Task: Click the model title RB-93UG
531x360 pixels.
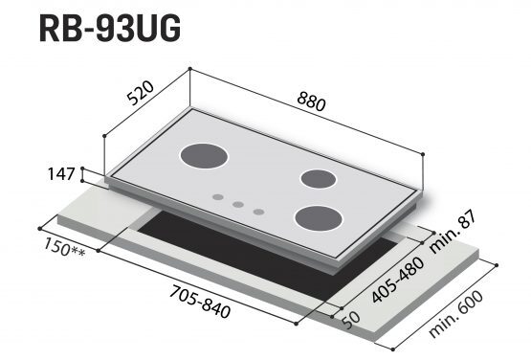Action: [110, 29]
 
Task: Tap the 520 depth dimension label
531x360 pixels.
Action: [141, 93]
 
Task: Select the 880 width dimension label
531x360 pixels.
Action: [311, 102]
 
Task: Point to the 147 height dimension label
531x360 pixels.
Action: [61, 174]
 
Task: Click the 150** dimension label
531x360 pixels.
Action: [64, 248]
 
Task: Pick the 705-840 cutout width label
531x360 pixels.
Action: [200, 302]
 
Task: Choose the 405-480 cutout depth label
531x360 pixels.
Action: [398, 280]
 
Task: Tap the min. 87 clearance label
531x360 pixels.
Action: [453, 232]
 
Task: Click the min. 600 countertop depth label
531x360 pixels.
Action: [455, 314]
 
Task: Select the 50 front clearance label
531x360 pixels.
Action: [351, 321]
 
